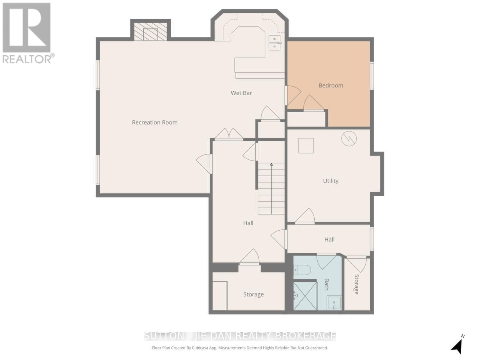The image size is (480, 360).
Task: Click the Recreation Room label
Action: tap(154, 122)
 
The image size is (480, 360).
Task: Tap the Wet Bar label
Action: tap(241, 93)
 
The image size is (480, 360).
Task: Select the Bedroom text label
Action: tap(331, 85)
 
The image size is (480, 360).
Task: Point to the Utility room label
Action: tap(331, 181)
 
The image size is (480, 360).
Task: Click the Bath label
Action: tap(326, 284)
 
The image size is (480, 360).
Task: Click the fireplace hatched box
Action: tap(150, 31)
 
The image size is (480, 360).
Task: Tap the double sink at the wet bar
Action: tap(275, 42)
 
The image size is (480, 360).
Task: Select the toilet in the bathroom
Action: tap(302, 270)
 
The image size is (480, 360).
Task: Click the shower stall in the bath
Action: tap(304, 295)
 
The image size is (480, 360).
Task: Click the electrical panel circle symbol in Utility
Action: tap(349, 139)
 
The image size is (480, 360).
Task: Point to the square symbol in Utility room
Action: tap(306, 145)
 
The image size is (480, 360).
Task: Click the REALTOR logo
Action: tap(27, 32)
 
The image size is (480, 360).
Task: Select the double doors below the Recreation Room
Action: tap(229, 134)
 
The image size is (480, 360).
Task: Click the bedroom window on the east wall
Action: tap(372, 76)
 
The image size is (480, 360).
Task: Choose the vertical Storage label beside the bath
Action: tap(357, 284)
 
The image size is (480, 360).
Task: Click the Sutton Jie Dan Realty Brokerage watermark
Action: tap(240, 335)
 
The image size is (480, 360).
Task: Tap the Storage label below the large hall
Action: tap(253, 294)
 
